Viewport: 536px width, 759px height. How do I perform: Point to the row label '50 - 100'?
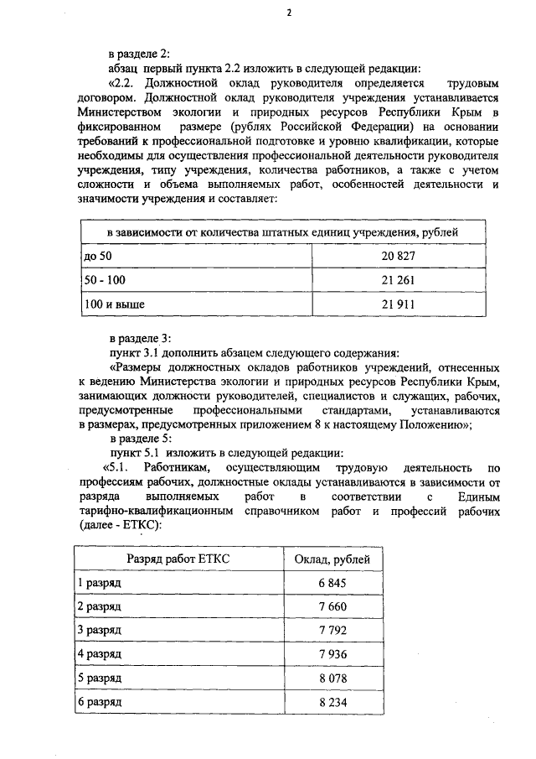[x=102, y=279]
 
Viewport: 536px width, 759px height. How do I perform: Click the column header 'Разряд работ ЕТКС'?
[x=178, y=559]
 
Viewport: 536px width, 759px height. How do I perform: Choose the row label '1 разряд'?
[x=99, y=583]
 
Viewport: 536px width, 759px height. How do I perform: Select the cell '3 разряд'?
[x=99, y=629]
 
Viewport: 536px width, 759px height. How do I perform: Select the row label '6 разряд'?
[x=99, y=699]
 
